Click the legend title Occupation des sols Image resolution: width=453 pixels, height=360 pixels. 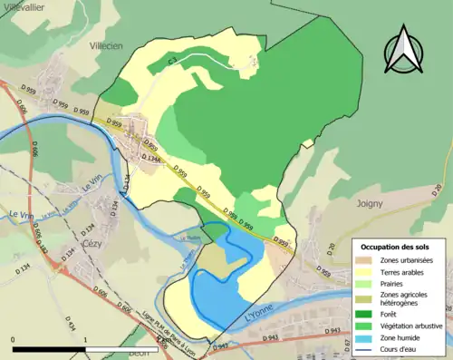pos(396,247)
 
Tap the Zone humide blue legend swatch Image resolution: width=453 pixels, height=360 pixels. pos(367,335)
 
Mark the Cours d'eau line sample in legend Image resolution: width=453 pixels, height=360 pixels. pos(367,345)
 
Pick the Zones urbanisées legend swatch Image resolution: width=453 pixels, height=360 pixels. pos(367,260)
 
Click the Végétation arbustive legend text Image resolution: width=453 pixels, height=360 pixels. pos(412,320)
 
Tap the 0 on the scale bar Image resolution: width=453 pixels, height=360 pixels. pos(13,339)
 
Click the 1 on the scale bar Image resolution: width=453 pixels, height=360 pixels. pos(84,339)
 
